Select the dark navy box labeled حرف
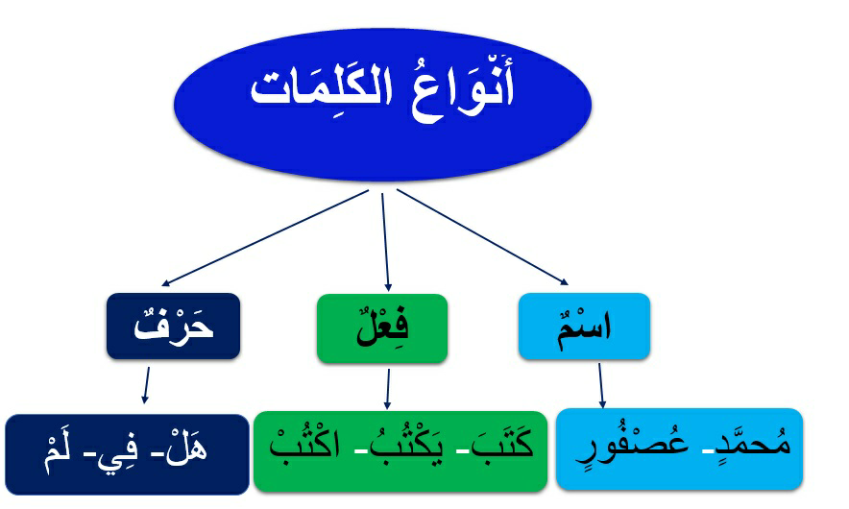tap(173, 326)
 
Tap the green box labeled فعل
tap(382, 328)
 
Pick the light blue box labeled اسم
tap(584, 326)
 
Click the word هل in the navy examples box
tap(185, 449)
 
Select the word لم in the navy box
tap(61, 453)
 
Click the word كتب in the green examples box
tap(502, 444)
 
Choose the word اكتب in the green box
tap(304, 445)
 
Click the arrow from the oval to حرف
tap(265, 238)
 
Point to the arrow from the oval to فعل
tap(385, 243)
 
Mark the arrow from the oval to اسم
tap(482, 236)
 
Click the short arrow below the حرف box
tap(146, 385)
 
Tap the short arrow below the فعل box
tap(388, 389)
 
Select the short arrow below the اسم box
tap(601, 385)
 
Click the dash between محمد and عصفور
tap(707, 451)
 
